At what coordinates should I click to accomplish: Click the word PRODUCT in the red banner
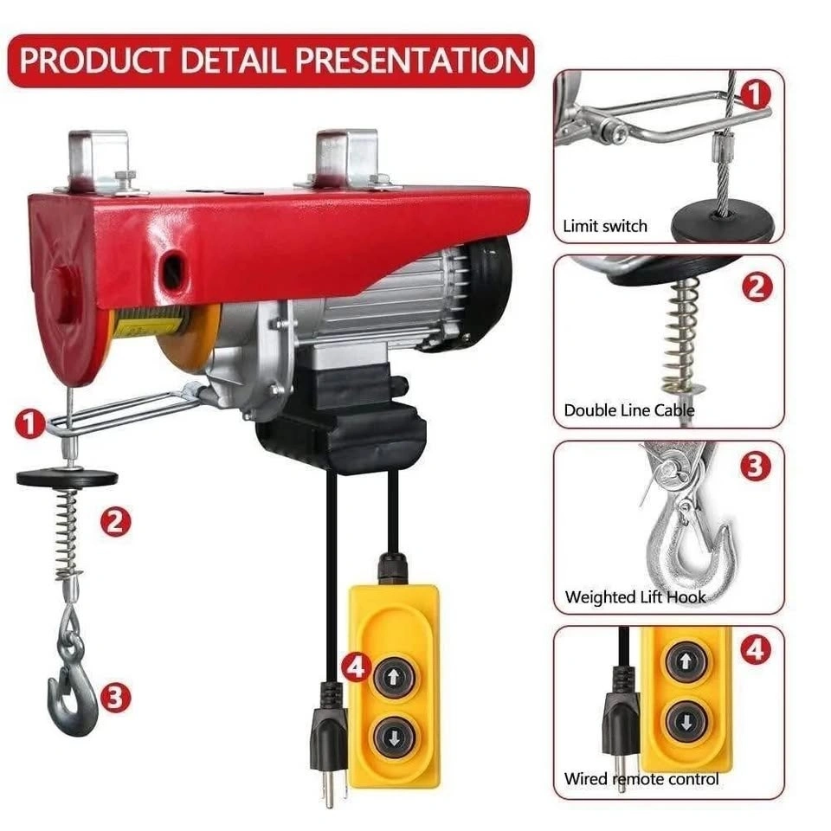click(94, 60)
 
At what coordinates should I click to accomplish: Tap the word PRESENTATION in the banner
click(412, 60)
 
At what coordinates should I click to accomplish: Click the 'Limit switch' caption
click(605, 226)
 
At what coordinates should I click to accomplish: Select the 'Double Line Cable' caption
click(628, 410)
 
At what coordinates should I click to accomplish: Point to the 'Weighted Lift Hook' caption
click(635, 597)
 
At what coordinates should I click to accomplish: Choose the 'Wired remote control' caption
click(641, 778)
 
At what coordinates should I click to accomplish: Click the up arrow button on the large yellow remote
click(393, 676)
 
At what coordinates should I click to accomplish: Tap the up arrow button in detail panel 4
click(686, 660)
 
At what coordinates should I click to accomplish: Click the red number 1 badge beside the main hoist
click(29, 424)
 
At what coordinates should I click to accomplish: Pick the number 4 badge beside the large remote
click(356, 667)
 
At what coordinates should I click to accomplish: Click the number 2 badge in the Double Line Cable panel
click(757, 287)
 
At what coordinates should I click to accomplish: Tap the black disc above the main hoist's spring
click(68, 477)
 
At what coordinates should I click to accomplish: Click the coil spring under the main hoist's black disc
click(69, 532)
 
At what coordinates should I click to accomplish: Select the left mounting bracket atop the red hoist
click(100, 161)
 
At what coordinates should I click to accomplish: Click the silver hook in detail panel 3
click(689, 535)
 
